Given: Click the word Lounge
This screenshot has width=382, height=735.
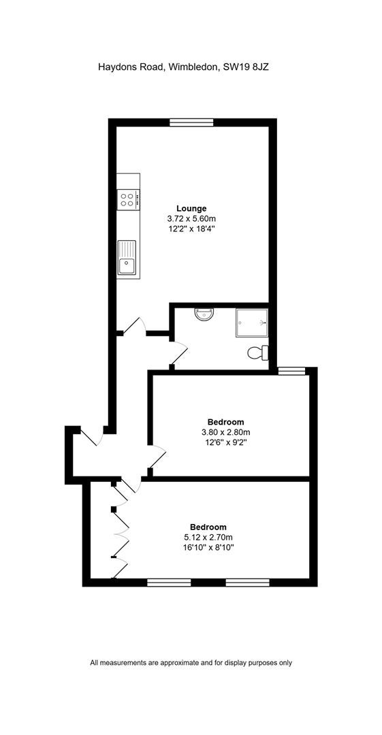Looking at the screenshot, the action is coord(191,208).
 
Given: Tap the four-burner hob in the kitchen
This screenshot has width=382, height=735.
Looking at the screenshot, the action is coord(129,199).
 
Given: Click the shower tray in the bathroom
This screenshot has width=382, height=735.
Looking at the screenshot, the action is coord(251,323).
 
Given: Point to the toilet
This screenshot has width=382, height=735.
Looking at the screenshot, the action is coord(259,353).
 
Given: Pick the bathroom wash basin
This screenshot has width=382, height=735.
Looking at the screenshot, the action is coord(204,314).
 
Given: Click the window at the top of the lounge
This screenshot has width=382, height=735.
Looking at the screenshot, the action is coord(191,122).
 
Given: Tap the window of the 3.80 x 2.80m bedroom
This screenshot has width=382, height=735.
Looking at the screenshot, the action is coord(291,372).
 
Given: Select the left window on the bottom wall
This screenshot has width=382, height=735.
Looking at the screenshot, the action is coord(169,583).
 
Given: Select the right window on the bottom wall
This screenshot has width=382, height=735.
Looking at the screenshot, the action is coord(248,583).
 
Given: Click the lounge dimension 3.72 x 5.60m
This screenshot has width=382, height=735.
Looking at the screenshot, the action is coord(191,218).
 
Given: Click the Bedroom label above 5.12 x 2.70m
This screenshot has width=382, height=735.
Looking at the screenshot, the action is coord(208,527).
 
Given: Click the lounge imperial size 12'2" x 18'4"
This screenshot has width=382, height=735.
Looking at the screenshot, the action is coord(191,229).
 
